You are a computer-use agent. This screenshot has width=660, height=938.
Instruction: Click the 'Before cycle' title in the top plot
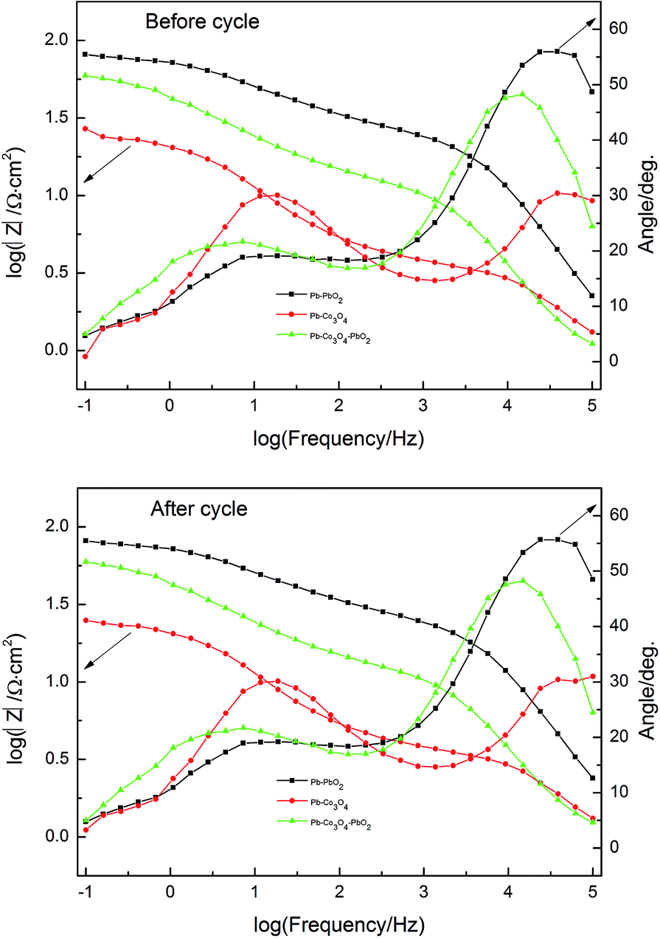203,22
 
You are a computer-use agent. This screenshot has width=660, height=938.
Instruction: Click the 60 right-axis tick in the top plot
620,28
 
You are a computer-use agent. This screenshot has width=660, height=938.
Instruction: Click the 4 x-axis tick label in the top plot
507,406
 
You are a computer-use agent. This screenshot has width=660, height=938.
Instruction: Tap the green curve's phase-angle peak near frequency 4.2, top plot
522,94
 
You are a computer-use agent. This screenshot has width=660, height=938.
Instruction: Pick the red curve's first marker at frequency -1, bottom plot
86,830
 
